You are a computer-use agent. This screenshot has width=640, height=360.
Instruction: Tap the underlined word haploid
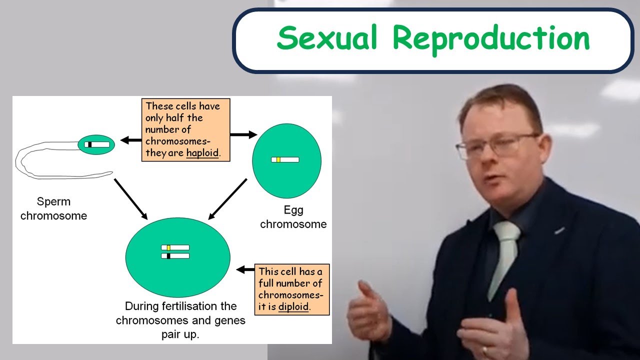(202, 153)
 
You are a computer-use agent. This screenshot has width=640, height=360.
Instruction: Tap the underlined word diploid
(293, 306)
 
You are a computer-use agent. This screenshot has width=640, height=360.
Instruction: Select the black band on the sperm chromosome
(89, 144)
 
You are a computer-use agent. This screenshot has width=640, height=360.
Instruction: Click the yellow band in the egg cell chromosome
(278, 159)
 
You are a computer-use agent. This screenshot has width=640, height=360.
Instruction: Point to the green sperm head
(96, 144)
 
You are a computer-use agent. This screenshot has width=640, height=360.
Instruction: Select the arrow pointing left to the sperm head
(131, 140)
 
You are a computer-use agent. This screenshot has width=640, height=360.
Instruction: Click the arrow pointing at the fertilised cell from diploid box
(245, 270)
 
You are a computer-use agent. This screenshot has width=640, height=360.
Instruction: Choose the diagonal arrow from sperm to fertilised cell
(130, 198)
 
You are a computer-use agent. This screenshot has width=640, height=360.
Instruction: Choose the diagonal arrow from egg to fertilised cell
(228, 199)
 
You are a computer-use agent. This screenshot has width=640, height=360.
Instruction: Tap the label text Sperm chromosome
(53, 209)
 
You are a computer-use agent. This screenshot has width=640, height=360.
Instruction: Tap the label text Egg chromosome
(293, 217)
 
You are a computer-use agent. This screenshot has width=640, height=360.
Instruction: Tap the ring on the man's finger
(484, 351)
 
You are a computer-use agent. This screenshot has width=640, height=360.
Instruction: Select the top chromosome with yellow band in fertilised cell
(175, 247)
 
